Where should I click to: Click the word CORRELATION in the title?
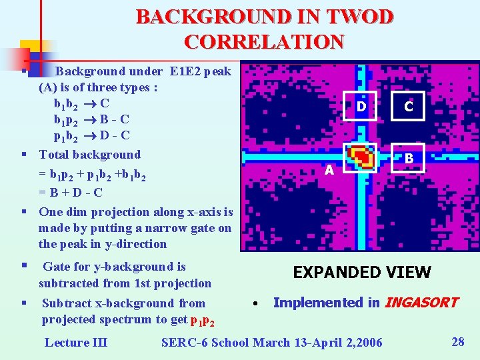pos(264,41)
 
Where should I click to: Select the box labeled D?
pos(361,105)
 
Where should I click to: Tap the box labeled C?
pos(409,105)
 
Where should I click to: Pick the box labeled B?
pos(409,159)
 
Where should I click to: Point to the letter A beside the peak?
pos(329,171)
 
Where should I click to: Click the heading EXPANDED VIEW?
pos(362,272)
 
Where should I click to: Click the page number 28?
pos(458,342)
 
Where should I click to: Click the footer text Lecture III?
pos(75,343)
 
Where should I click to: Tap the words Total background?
pos(90,155)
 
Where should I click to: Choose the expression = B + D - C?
pos(71,193)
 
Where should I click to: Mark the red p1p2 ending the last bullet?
pos(203,321)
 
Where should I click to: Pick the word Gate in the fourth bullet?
pos(57,267)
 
